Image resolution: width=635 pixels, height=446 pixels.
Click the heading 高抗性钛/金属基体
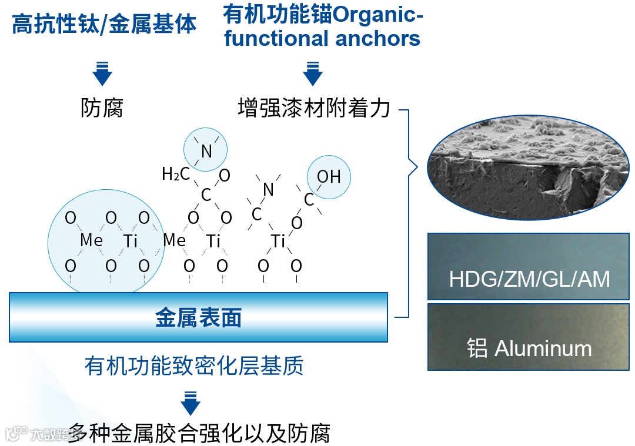point(104,25)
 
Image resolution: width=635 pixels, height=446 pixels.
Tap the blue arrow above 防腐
point(102,73)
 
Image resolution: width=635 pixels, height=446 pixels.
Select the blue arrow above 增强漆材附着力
point(312,73)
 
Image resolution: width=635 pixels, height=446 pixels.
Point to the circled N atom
point(206,151)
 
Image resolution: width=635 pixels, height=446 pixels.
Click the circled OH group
point(329,176)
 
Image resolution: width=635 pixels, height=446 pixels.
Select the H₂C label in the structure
point(176,174)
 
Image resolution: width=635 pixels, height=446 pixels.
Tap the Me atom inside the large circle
point(91,240)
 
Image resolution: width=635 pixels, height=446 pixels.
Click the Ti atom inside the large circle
point(130,241)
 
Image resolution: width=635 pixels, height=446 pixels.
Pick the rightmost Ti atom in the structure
point(278,241)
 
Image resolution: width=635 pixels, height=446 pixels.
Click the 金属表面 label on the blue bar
point(198,318)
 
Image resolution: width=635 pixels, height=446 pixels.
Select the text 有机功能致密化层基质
point(194,366)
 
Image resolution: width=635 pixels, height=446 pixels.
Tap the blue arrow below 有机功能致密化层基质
point(190,402)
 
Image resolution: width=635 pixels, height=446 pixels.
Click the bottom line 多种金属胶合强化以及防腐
point(199,433)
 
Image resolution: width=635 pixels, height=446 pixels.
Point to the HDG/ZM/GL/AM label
point(529,279)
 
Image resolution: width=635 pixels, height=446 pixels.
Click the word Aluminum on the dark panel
point(543,348)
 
